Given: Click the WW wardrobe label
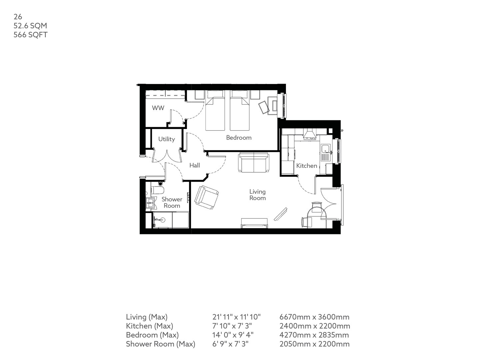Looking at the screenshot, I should (x=158, y=108).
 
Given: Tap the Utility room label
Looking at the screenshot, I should (x=166, y=139).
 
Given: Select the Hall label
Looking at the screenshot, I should (x=195, y=165).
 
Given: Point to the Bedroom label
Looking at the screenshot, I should (x=239, y=137).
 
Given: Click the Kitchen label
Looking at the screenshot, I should (x=307, y=166).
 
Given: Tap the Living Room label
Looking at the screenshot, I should (x=258, y=195).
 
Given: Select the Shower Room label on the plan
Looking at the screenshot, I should (x=172, y=202).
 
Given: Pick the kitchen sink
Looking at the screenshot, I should (x=325, y=149).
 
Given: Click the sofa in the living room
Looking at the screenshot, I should (x=253, y=163).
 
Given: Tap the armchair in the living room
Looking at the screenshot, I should (x=207, y=197).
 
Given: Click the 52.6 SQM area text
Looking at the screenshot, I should (x=30, y=25).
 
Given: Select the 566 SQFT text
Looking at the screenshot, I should (x=30, y=34).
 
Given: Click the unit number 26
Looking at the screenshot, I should (x=18, y=16).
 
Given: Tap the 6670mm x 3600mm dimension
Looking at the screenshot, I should (x=314, y=317).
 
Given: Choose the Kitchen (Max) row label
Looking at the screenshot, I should (x=149, y=326).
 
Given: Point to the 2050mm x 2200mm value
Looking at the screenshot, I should (x=315, y=344).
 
